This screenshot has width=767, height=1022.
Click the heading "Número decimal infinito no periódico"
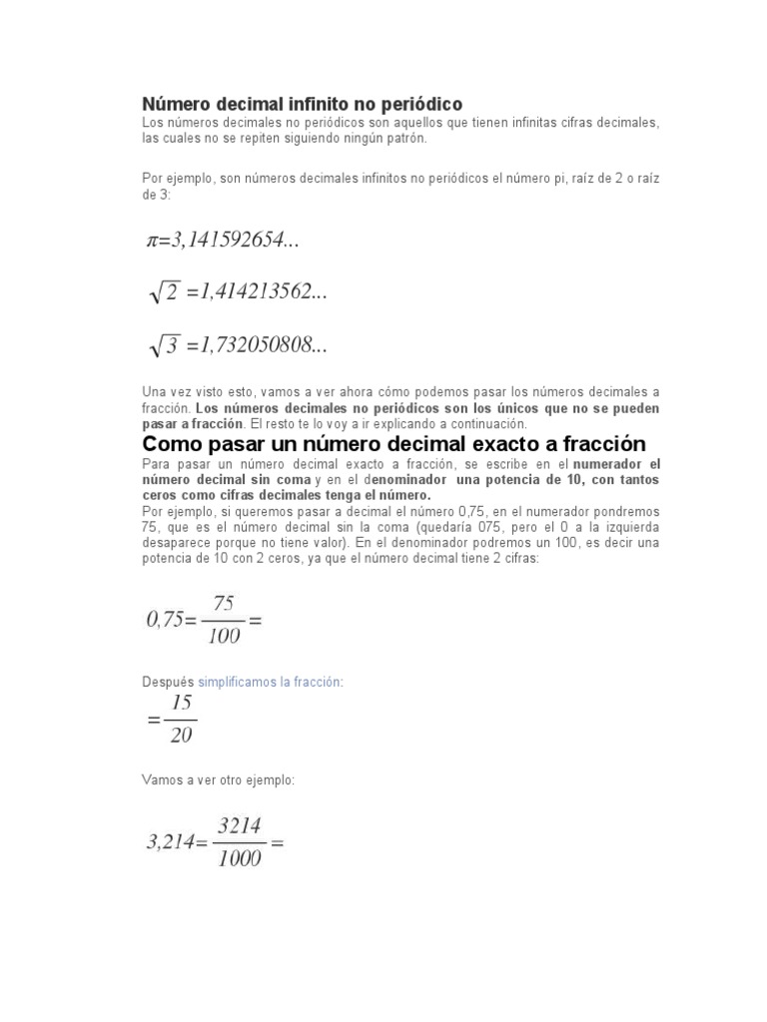tap(303, 104)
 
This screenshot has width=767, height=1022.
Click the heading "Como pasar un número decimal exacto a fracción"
tap(394, 443)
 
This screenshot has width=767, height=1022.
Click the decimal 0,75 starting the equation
tap(165, 620)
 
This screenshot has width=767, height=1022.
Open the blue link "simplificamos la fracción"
tap(271, 681)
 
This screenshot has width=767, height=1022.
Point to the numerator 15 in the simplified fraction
tap(181, 703)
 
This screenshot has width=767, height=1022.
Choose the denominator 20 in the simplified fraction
tap(181, 737)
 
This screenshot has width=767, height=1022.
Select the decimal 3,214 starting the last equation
tap(171, 842)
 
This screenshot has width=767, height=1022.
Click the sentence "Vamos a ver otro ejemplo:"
tap(219, 779)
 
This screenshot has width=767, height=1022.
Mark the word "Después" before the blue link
tap(169, 681)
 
